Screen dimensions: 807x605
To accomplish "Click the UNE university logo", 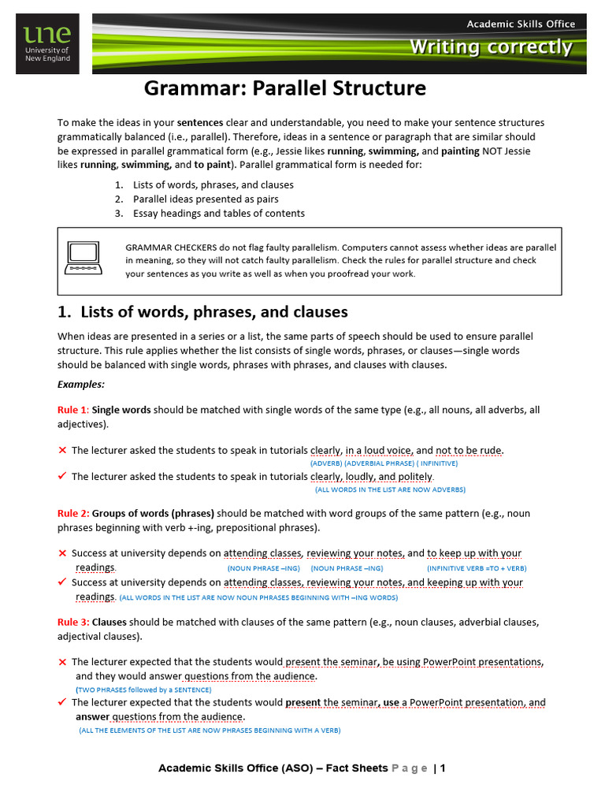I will (x=47, y=45).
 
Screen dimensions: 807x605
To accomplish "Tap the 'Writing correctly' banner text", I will (x=490, y=47).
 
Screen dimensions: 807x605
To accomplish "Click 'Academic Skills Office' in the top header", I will (x=521, y=24).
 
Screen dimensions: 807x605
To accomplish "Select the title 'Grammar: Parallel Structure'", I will (x=284, y=88).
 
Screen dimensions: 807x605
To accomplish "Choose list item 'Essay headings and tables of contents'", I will (x=218, y=213).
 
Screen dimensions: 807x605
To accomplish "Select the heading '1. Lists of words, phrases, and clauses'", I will (x=202, y=312).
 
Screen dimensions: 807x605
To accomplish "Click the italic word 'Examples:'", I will (x=80, y=384).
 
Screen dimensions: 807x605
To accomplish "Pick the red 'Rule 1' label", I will (x=72, y=410).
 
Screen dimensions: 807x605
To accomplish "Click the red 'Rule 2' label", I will (x=72, y=513).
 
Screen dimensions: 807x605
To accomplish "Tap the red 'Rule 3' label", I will (x=72, y=622).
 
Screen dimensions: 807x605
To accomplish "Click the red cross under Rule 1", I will (x=62, y=450).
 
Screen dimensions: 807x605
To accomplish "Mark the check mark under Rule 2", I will (x=62, y=582).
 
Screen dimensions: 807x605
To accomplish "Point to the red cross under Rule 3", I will (x=62, y=661).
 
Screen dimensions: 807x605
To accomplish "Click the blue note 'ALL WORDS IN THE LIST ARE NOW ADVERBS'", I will (x=390, y=489).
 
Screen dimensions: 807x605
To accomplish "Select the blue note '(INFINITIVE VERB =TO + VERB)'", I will (x=477, y=568).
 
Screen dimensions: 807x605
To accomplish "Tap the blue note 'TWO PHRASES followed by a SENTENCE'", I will (x=143, y=689).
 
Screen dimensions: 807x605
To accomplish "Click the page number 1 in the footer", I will (x=443, y=768).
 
